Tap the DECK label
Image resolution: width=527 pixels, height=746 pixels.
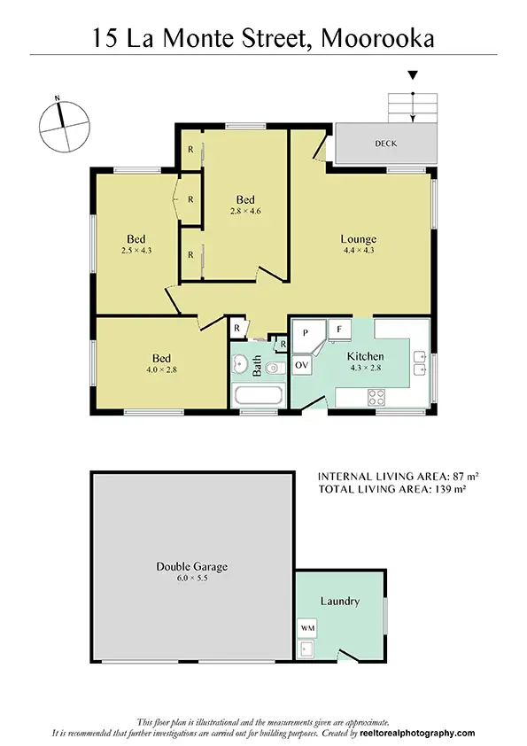(385, 143)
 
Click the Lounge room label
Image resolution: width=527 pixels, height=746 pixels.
(359, 239)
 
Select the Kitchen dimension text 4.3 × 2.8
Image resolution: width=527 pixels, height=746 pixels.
(365, 369)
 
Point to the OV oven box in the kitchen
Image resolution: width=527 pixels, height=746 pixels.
(301, 365)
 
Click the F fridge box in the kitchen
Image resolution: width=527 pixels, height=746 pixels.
(340, 330)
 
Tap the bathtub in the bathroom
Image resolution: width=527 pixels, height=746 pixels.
(257, 395)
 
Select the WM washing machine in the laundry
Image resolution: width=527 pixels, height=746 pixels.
(307, 627)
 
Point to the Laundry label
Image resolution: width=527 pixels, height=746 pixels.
(340, 602)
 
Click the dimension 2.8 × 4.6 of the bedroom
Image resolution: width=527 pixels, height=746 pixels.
(245, 211)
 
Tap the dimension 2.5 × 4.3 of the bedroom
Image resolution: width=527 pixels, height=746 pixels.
(136, 251)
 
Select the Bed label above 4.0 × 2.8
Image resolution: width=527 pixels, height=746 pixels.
(160, 358)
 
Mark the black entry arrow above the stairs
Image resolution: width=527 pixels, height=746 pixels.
(412, 77)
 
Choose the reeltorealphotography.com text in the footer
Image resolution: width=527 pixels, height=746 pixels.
(417, 734)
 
